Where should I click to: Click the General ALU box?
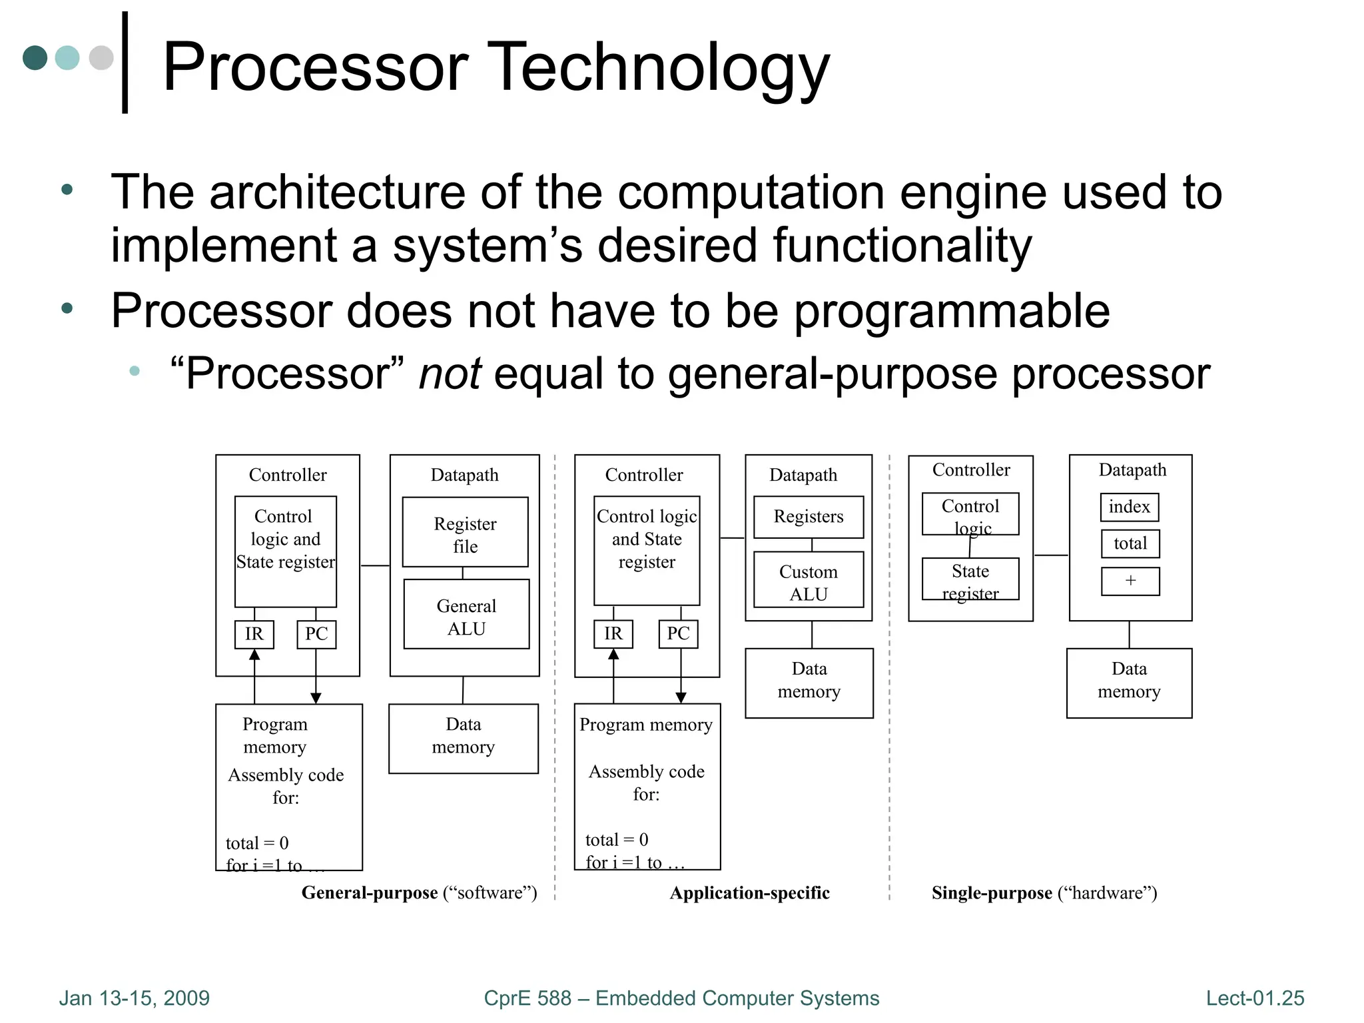pyautogui.click(x=466, y=614)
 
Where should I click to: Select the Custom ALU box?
pyautogui.click(x=808, y=580)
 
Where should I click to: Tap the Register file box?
pyautogui.click(x=465, y=532)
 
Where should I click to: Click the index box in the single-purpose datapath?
pyautogui.click(x=1129, y=507)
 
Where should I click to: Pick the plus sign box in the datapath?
pyautogui.click(x=1130, y=581)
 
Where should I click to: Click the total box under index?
pyautogui.click(x=1130, y=543)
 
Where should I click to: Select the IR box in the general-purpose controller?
pyautogui.click(x=254, y=634)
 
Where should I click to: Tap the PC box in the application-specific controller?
pyautogui.click(x=678, y=634)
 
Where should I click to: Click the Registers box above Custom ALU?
pyautogui.click(x=808, y=517)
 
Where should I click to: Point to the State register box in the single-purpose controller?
pyautogui.click(x=970, y=579)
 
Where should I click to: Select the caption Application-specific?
pyautogui.click(x=749, y=892)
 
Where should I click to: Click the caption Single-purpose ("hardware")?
pyautogui.click(x=1044, y=892)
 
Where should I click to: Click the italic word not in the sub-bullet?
pyautogui.click(x=450, y=374)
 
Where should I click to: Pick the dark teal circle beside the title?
pyautogui.click(x=35, y=58)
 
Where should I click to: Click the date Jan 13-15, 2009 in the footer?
pyautogui.click(x=134, y=998)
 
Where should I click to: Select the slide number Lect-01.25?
pyautogui.click(x=1255, y=998)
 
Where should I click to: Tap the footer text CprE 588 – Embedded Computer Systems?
pyautogui.click(x=681, y=998)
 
